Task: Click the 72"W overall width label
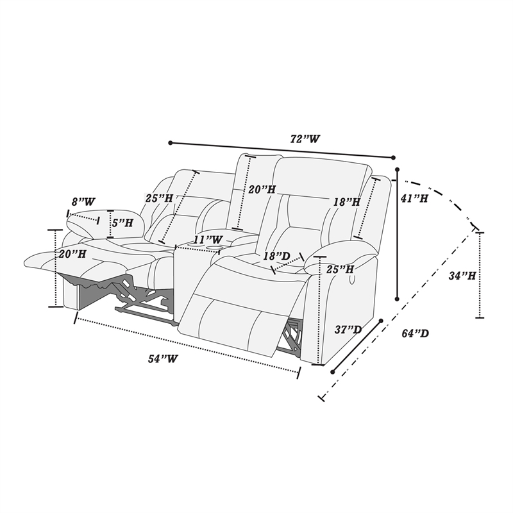(x=305, y=139)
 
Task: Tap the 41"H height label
(x=414, y=198)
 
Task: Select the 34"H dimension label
(x=462, y=276)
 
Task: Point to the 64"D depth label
(x=415, y=333)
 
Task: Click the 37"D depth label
(x=348, y=330)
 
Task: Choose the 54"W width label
(x=163, y=358)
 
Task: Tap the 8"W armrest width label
(x=83, y=201)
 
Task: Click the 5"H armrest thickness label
(x=122, y=223)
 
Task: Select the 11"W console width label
(x=208, y=239)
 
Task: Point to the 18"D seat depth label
(x=277, y=256)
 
